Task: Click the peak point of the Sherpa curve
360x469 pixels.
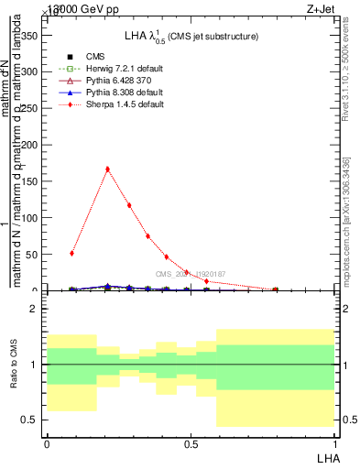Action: coord(108,169)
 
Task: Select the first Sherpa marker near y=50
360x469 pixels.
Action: coord(72,253)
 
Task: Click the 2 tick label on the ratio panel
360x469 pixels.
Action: coord(33,310)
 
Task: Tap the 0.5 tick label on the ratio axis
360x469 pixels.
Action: coord(29,420)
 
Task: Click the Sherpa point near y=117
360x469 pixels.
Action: coord(129,205)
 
